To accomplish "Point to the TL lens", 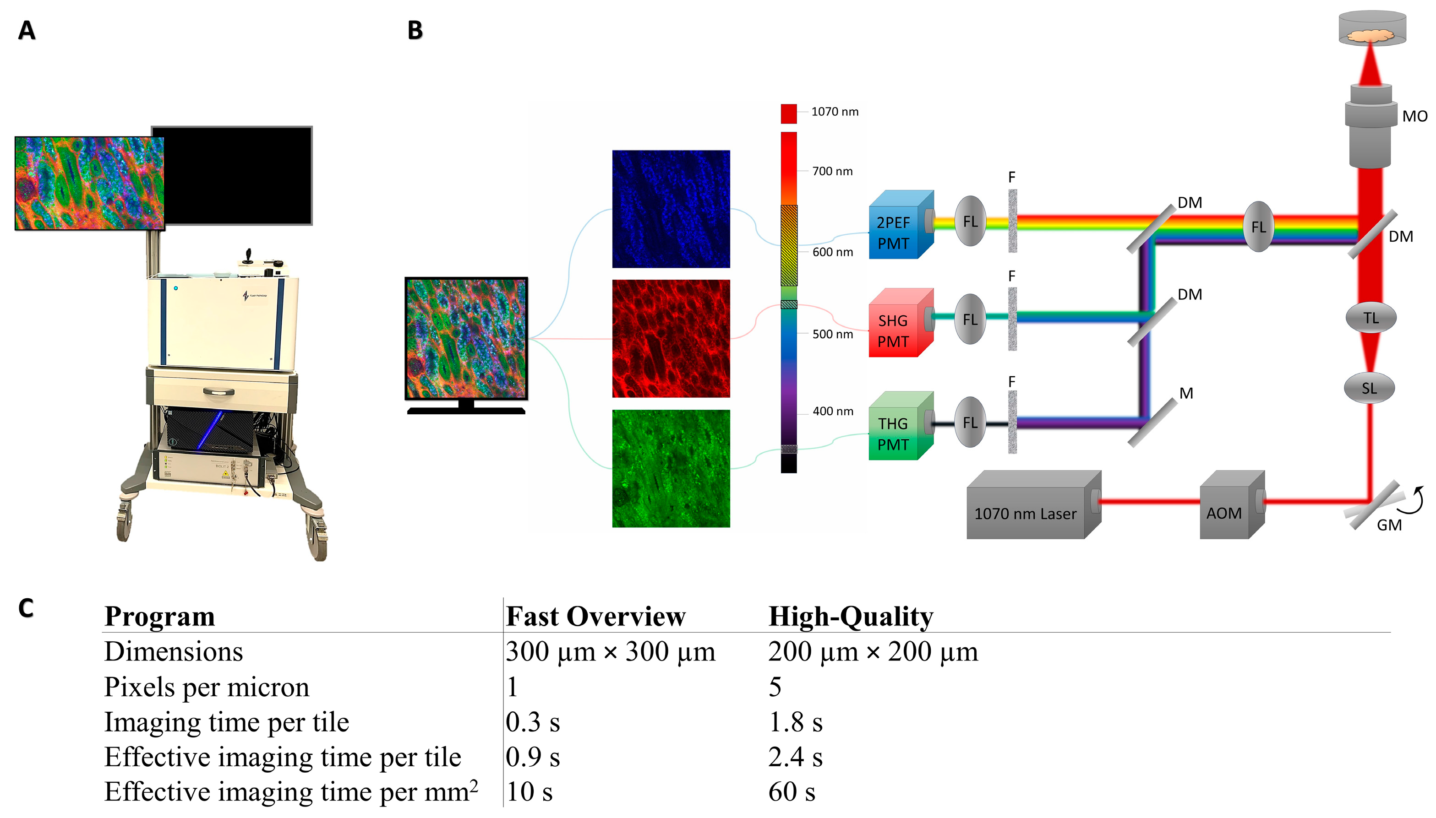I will click(1370, 318).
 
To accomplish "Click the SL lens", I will click(1369, 388).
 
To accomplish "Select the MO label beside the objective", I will click(1414, 116).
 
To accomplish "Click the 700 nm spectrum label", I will click(832, 171).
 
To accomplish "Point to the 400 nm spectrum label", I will click(832, 411).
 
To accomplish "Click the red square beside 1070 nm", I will click(788, 114).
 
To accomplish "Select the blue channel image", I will click(671, 209).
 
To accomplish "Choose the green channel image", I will click(671, 469).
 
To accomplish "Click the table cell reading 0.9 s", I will click(532, 757).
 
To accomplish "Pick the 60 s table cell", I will click(792, 791).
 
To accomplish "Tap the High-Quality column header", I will click(850, 616).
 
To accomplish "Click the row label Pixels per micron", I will click(206, 687).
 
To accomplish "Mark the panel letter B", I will click(415, 30).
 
